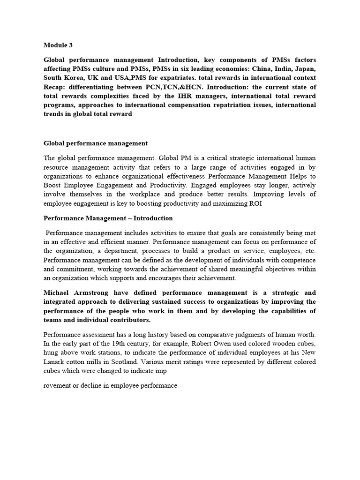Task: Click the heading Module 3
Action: point(59,45)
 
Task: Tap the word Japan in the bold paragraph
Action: point(305,69)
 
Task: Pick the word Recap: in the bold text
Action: point(56,87)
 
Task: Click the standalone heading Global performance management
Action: point(96,143)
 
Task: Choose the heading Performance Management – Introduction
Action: point(108,218)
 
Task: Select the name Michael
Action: point(58,293)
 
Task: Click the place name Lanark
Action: point(55,362)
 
